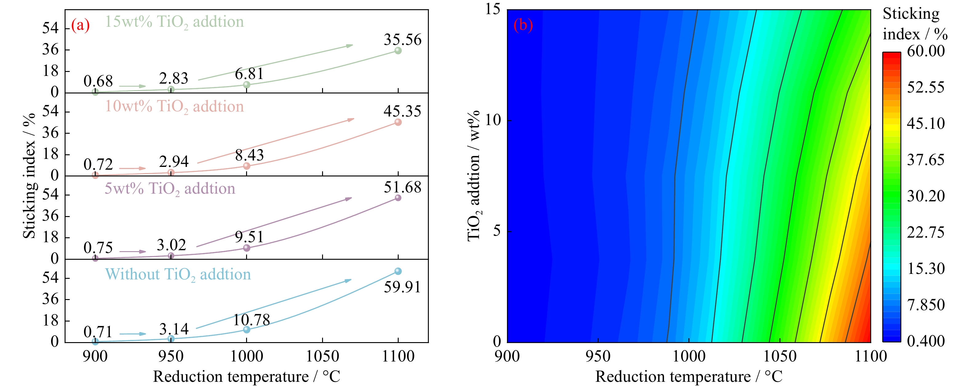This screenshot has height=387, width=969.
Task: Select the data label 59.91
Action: [x=402, y=287]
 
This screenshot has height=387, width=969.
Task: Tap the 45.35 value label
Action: [x=402, y=112]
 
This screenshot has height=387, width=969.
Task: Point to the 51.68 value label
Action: [x=402, y=188]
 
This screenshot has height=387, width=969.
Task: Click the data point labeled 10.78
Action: [x=247, y=330]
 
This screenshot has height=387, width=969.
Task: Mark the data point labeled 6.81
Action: [x=247, y=85]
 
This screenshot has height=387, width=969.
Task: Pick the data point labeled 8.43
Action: [x=247, y=166]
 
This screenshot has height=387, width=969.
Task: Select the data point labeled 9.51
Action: [x=247, y=248]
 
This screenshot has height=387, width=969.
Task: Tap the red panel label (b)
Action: [x=523, y=25]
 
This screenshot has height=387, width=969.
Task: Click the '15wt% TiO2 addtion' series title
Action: [x=174, y=22]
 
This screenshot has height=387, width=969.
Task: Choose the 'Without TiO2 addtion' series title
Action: [x=177, y=275]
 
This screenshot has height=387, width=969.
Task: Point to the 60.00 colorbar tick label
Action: [x=926, y=51]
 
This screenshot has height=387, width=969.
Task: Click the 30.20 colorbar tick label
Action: [x=926, y=196]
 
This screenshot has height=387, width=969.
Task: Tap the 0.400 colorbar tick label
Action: [x=926, y=341]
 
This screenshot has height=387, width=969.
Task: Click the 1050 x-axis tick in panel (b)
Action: [x=780, y=356]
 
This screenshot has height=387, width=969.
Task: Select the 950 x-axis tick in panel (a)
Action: [x=171, y=356]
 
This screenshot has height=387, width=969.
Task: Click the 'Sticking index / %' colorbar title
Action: [x=915, y=24]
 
